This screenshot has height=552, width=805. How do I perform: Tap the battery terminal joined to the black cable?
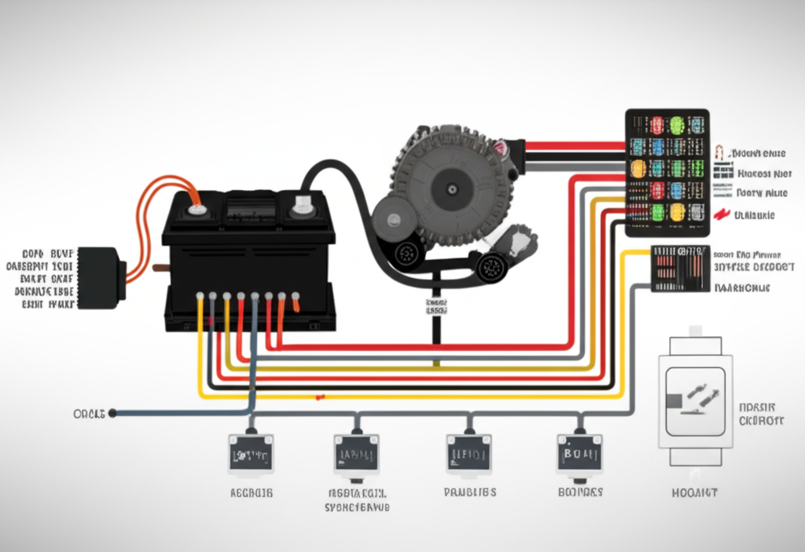(301, 208)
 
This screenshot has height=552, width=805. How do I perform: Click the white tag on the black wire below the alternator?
(436, 306)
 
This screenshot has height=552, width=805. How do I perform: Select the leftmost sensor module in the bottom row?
(251, 454)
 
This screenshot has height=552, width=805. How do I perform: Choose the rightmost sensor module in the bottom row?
(579, 453)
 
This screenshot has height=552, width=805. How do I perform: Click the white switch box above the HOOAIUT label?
(694, 400)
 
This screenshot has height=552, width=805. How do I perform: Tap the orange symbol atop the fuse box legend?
(719, 152)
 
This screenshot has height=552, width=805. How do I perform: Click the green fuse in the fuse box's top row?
(676, 124)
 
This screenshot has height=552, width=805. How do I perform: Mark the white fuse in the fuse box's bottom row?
(697, 212)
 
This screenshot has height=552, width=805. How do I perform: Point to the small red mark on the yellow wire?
(320, 397)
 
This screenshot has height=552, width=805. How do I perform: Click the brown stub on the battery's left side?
(160, 267)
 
